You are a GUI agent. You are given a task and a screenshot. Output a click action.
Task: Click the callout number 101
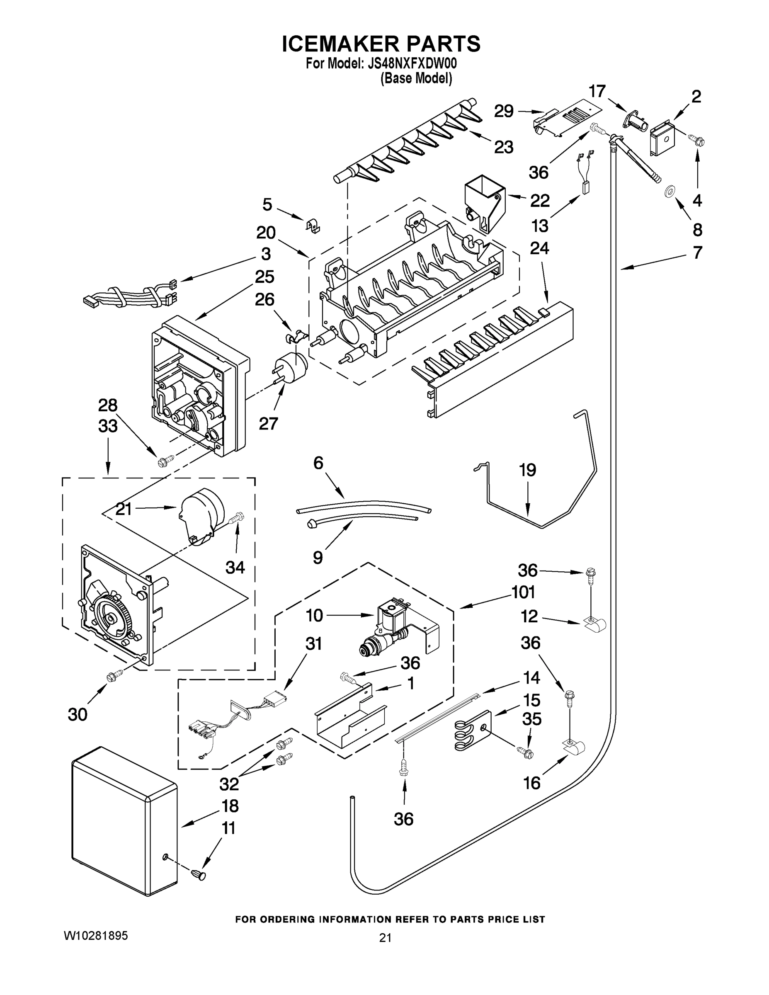(523, 593)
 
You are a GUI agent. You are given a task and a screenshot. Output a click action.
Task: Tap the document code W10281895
(96, 936)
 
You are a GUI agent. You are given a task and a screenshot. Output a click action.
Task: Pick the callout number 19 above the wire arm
(528, 470)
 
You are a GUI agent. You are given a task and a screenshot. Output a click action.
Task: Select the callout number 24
(539, 249)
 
